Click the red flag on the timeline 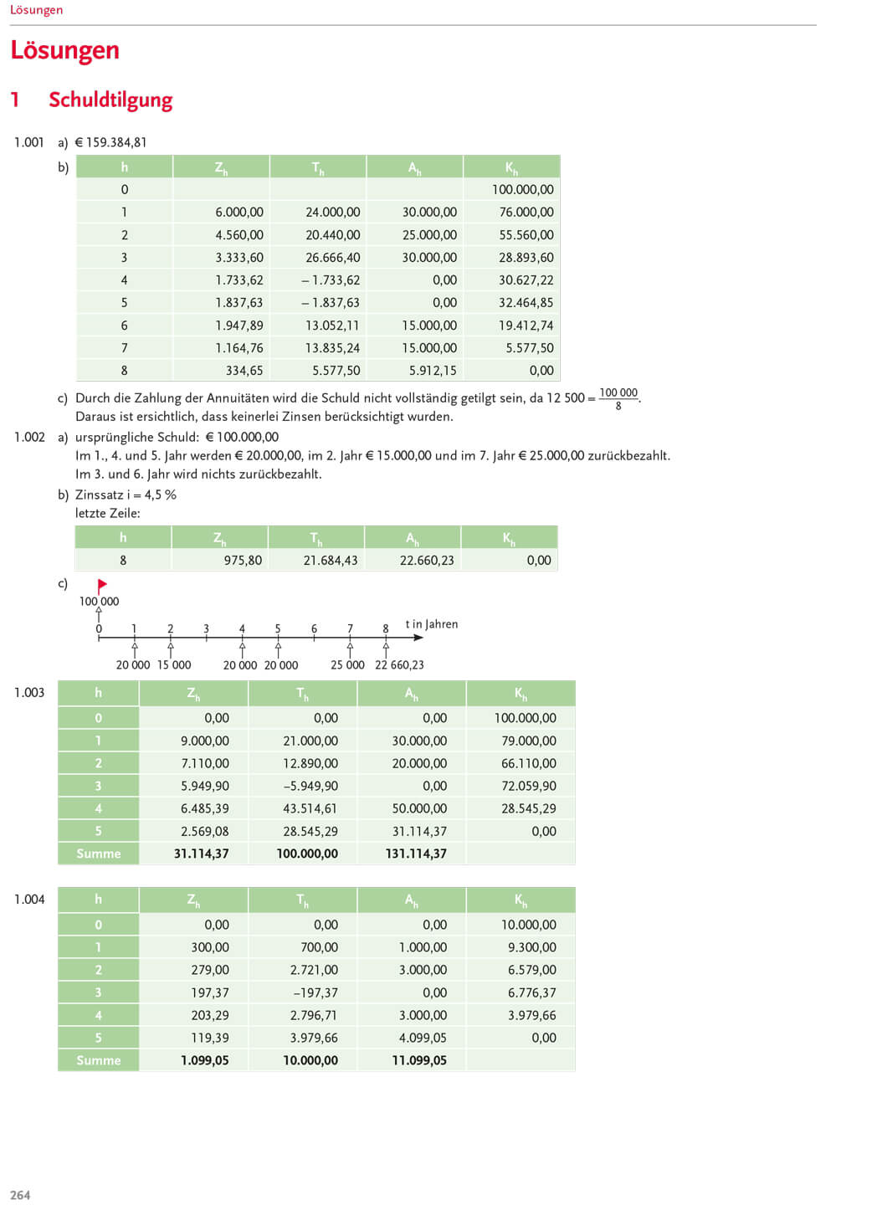point(102,585)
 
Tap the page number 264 point(20,1195)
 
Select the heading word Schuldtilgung point(110,100)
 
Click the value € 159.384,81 point(110,142)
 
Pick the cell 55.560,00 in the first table point(526,235)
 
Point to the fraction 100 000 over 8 point(618,398)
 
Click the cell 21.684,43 point(330,561)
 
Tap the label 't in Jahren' point(431,624)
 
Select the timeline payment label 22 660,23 point(399,665)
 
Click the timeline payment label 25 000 point(347,665)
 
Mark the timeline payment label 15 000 point(174,665)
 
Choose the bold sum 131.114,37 point(416,854)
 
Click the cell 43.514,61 point(310,808)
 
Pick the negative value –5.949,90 point(310,786)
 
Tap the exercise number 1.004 point(29,900)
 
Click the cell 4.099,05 point(423,1038)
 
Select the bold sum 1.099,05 point(204,1060)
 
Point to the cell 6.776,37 point(531,992)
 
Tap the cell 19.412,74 point(526,326)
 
